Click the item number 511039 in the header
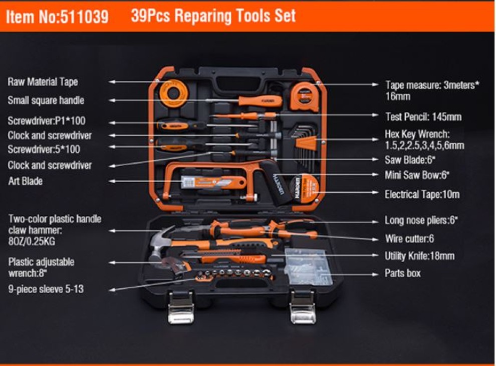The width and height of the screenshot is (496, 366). click(x=84, y=16)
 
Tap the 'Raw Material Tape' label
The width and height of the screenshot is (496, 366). click(x=43, y=82)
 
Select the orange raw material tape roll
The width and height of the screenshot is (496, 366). click(x=173, y=94)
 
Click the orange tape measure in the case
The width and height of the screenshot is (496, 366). click(x=305, y=96)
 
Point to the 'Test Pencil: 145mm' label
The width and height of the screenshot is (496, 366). click(x=423, y=116)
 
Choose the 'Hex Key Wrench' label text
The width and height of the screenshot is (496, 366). click(x=417, y=134)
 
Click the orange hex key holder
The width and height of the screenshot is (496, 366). click(x=306, y=143)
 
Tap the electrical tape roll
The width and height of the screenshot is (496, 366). click(x=305, y=189)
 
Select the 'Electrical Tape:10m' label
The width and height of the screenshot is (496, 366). click(x=422, y=194)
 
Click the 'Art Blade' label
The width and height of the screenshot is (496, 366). click(x=26, y=181)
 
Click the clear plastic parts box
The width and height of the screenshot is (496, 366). click(x=309, y=267)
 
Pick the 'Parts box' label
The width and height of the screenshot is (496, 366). click(x=402, y=273)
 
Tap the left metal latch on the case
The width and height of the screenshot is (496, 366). click(x=181, y=308)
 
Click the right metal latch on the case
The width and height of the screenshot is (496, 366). click(x=303, y=308)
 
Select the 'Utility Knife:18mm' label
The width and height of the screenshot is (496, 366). click(x=419, y=256)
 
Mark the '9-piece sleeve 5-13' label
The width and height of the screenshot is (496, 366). click(x=46, y=289)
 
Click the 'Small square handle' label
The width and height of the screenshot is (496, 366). click(x=46, y=100)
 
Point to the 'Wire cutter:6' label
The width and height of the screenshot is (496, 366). click(x=409, y=238)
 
